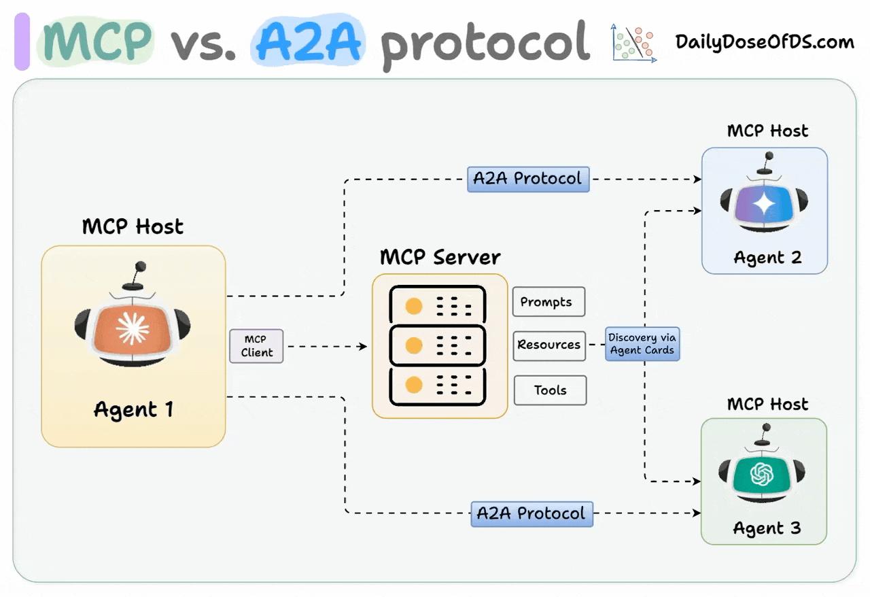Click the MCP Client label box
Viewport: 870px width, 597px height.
256,346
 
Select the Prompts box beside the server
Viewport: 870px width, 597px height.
549,302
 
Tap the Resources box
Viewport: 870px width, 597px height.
549,345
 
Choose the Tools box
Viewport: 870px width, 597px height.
550,390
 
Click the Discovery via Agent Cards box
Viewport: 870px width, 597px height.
642,344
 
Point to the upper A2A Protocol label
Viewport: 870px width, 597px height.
527,179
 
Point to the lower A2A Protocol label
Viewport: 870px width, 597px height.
532,513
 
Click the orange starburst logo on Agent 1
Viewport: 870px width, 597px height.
133,329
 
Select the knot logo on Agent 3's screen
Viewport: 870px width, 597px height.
761,474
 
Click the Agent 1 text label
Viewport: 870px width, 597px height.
133,409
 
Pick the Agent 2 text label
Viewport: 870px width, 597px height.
767,258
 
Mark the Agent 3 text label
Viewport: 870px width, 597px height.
767,528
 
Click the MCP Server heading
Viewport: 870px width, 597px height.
440,258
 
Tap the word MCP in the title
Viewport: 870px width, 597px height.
95,41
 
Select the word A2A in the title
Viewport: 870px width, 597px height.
309,41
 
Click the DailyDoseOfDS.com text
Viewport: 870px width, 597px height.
764,42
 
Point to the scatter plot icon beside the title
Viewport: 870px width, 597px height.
634,43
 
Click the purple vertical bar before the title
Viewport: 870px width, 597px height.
22,42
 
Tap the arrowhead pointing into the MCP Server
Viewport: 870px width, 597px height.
363,347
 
